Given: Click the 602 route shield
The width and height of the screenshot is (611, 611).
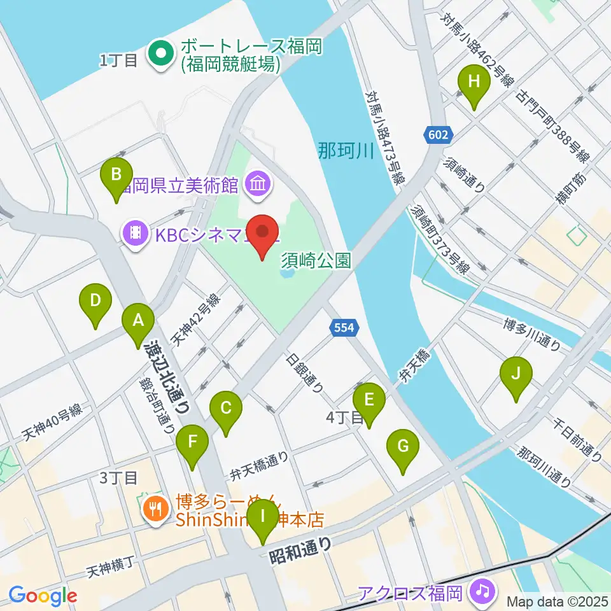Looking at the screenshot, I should (x=439, y=135).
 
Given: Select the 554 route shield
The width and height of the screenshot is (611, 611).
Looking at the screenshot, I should (x=343, y=328).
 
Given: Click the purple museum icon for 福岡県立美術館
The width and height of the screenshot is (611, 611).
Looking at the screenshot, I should (x=260, y=185).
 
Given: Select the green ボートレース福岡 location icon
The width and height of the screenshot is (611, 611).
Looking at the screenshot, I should (x=161, y=55).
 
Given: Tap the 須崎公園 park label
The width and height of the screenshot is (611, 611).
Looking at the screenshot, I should (x=316, y=260).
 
